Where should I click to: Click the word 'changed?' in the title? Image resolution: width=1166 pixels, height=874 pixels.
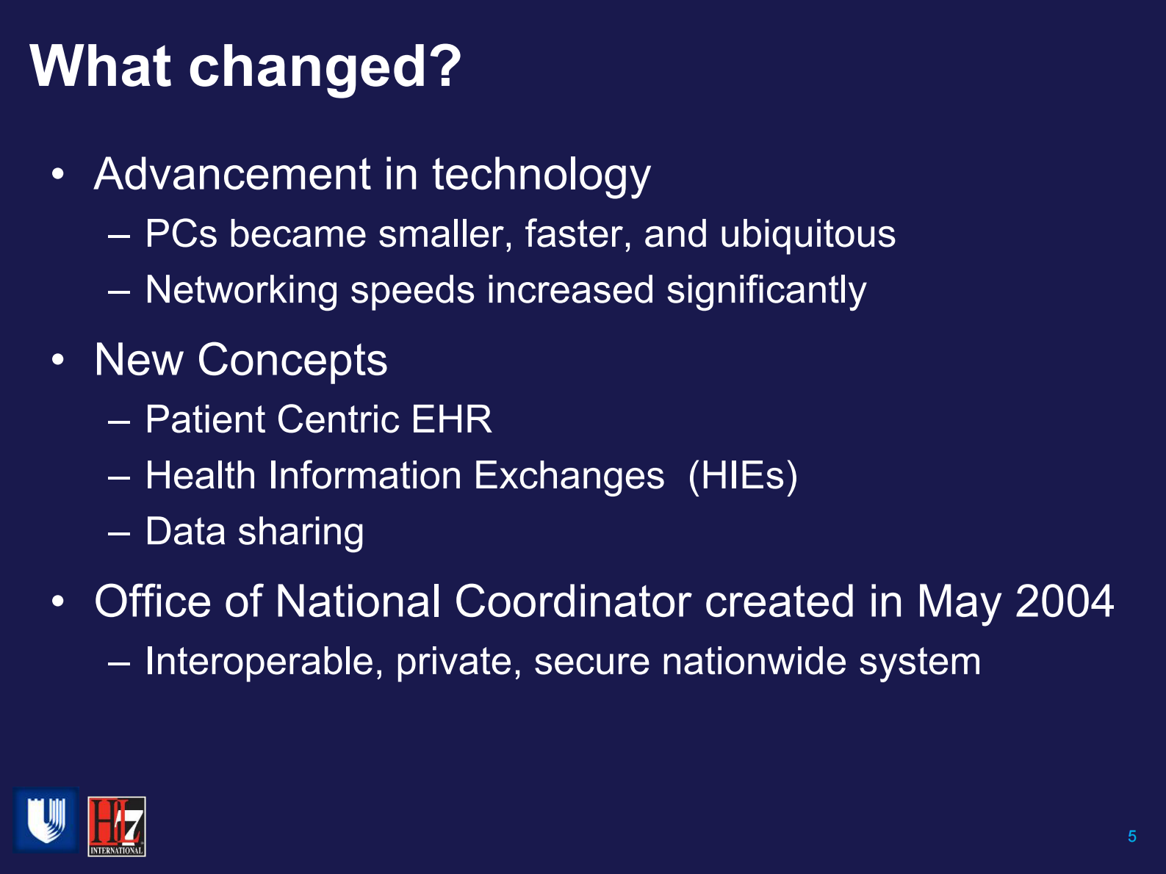click(325, 68)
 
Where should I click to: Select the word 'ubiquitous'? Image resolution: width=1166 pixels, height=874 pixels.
click(807, 235)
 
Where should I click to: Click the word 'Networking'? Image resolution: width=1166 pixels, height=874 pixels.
click(241, 290)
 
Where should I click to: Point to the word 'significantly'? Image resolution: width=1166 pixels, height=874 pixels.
click(766, 291)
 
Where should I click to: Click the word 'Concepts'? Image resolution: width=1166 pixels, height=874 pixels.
click(292, 361)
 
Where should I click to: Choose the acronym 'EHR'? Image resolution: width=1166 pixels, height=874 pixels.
click(451, 420)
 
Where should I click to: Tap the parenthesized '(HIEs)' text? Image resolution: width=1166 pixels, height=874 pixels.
click(743, 476)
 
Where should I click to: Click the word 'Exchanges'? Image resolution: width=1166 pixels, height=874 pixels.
click(569, 476)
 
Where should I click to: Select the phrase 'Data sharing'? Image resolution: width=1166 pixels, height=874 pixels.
click(254, 532)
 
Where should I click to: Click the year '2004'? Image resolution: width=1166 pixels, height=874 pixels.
click(1064, 602)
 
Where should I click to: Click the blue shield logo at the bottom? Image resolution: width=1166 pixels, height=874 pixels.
click(46, 820)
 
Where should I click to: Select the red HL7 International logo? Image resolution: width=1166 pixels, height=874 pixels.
click(116, 826)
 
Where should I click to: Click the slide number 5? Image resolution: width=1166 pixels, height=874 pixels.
click(1131, 837)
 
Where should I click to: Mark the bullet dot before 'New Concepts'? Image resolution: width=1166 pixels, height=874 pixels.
click(58, 360)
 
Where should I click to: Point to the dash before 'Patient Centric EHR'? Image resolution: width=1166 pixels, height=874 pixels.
click(118, 422)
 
